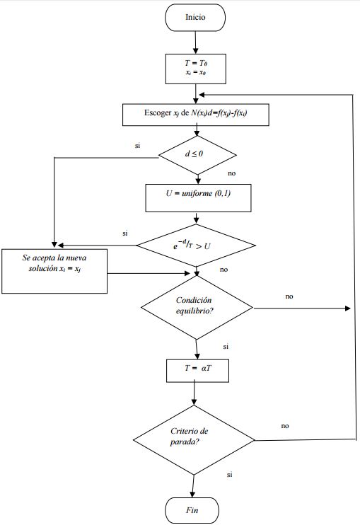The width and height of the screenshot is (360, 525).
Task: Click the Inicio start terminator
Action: [x=196, y=18]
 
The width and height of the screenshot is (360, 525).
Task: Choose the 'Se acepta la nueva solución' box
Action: [x=54, y=270]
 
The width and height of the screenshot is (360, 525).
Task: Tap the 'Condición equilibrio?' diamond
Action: [x=196, y=308]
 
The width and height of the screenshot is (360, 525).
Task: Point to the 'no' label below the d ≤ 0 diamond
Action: [x=232, y=173]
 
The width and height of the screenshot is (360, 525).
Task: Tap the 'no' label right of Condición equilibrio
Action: [x=289, y=296]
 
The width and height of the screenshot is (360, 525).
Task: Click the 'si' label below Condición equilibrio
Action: [x=226, y=347]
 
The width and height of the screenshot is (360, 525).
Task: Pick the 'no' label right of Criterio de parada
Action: [x=285, y=427]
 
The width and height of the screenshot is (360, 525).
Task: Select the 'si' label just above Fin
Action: [x=230, y=475]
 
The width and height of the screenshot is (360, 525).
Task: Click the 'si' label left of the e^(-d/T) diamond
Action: [x=124, y=233]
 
